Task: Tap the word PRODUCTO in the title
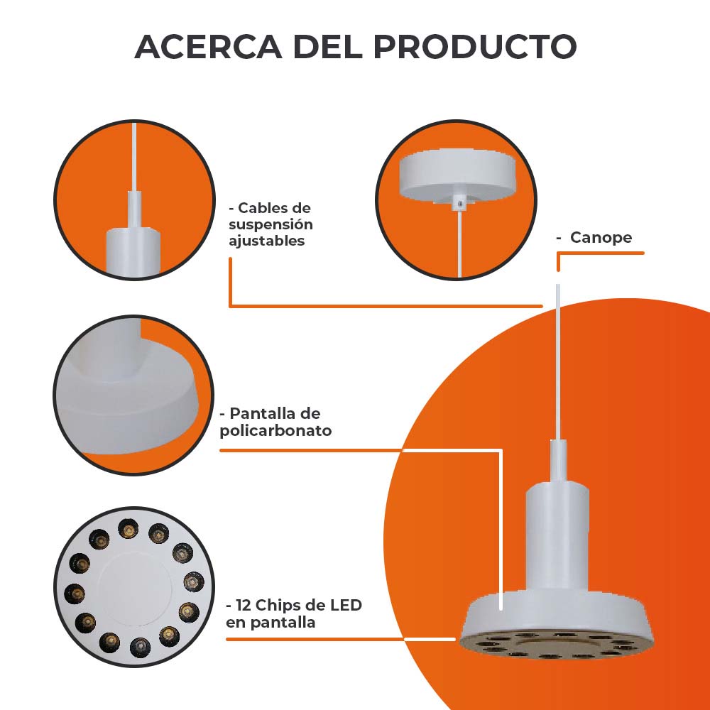[x=474, y=47]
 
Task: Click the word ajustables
[x=266, y=241]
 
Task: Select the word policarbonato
[x=275, y=430]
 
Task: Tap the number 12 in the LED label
[x=244, y=606]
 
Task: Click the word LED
[x=346, y=606]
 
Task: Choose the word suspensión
[x=271, y=224]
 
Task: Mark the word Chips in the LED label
[x=280, y=606]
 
